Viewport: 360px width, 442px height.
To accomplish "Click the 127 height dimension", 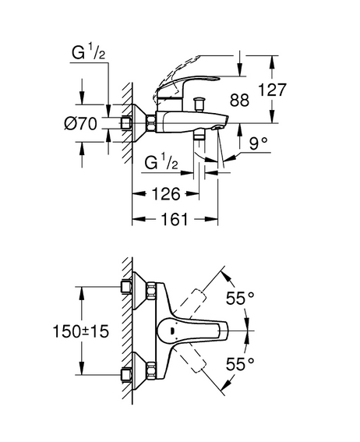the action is (x=272, y=90).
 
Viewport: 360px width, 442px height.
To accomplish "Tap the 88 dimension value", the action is (x=239, y=100).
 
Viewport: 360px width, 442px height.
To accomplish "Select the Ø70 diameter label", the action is (x=80, y=123).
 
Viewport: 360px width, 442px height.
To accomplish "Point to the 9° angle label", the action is (x=258, y=143).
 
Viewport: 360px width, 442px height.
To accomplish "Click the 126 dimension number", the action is (x=166, y=194).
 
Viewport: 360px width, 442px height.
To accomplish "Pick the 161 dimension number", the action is (x=175, y=219).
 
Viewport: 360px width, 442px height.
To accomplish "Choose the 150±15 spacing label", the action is (x=81, y=331).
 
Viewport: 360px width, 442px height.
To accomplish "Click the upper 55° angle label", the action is (x=240, y=298).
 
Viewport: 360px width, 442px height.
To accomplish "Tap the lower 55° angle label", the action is (x=240, y=364).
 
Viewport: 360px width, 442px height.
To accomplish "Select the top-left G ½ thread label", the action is (x=89, y=53).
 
